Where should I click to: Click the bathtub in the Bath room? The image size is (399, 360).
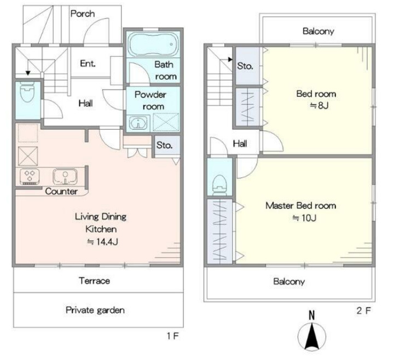coord(153,45)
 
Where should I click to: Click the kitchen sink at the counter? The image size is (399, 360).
coord(65,176)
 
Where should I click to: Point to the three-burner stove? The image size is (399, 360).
coord(30,176)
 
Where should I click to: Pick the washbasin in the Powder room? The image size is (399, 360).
coord(138,123)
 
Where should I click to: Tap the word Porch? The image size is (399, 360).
coord(83,14)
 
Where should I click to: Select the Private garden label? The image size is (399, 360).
coord(95,310)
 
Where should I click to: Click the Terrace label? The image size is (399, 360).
coord(94,281)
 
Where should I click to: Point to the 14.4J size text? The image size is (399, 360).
coord(102,241)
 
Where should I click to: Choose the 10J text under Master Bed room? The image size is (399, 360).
coord(304,218)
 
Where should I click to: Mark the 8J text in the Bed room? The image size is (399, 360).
coord(319,105)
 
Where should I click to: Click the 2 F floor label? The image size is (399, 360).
coord(364,311)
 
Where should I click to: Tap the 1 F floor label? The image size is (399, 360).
coord(173,336)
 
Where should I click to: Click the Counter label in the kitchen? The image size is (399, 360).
coord(61,191)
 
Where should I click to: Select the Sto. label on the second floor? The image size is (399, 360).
coord(245,66)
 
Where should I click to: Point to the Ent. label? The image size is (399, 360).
coord(88,63)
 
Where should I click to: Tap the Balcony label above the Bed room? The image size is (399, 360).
coord(319,31)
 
